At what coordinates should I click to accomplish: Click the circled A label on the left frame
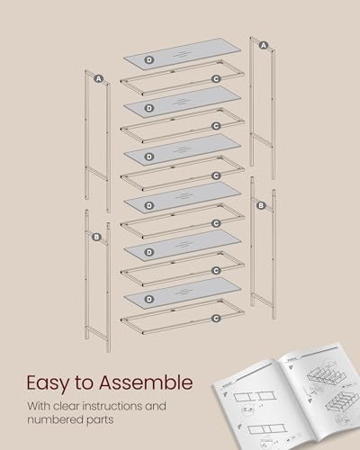97,78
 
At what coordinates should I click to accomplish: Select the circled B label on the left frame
96,237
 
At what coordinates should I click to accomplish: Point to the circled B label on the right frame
260,206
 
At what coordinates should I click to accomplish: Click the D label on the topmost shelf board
148,59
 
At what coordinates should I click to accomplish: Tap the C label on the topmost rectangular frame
216,79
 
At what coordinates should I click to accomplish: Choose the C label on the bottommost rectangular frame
216,318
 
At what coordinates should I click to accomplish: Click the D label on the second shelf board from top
148,107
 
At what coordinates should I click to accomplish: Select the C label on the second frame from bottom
216,270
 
